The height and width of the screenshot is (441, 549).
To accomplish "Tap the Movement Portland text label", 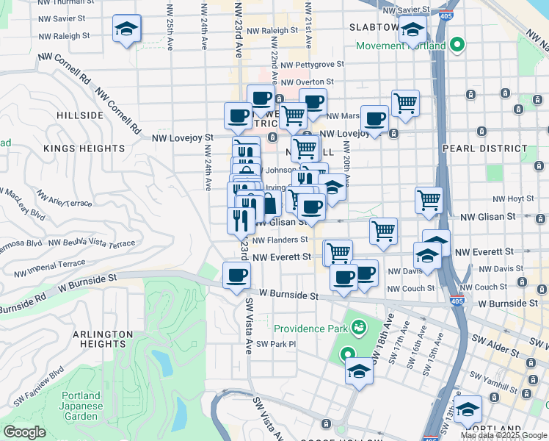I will tap(401, 46).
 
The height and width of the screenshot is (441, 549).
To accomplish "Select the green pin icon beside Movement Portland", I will tap(457, 46).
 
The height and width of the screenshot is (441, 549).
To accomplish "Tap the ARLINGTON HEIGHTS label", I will tap(103, 339).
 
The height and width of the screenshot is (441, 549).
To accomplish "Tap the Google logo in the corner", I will tap(24, 432).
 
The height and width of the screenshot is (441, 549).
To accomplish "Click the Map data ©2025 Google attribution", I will tap(504, 435).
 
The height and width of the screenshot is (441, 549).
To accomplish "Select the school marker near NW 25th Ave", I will tap(127, 29).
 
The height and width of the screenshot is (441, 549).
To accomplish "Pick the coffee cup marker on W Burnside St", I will tap(236, 276).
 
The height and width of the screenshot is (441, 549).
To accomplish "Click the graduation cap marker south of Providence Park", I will tap(360, 370).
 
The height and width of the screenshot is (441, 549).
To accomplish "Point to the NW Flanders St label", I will tap(280, 240).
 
